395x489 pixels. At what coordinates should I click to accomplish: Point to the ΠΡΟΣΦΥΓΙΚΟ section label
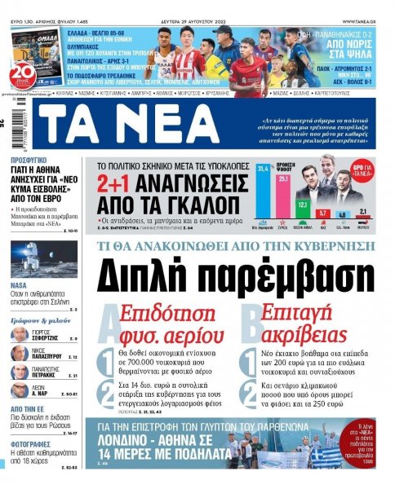tap(33, 161)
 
